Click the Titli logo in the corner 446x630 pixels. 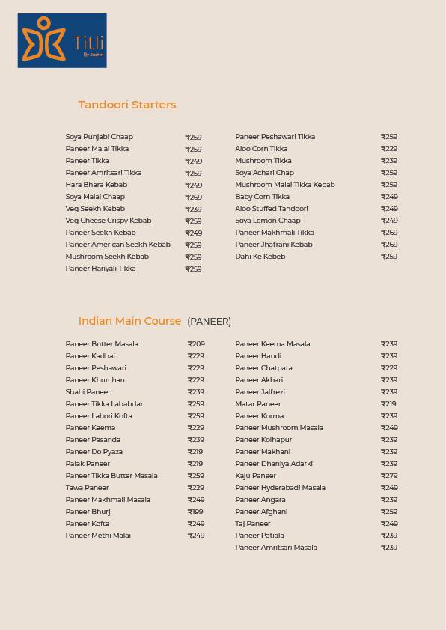(62, 40)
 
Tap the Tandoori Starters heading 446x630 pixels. (127, 105)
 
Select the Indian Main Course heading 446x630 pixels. (129, 321)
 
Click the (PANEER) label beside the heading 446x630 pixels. (209, 322)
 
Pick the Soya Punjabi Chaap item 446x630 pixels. (99, 137)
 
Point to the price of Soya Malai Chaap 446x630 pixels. (193, 197)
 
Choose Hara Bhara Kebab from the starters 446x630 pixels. (97, 185)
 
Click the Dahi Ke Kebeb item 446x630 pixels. (260, 257)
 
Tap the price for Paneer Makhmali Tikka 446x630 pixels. (389, 233)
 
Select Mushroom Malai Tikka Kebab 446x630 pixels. (284, 185)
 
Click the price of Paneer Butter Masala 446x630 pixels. (196, 344)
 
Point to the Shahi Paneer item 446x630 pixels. (88, 392)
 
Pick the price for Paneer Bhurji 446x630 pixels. (195, 512)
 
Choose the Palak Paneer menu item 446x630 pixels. (88, 464)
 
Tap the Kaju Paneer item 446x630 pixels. (255, 476)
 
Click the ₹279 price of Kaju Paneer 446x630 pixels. (389, 476)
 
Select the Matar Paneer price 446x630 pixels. (388, 404)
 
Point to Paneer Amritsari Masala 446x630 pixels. (276, 548)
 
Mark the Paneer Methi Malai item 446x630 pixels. (98, 536)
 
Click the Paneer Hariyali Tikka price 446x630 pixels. (193, 269)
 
